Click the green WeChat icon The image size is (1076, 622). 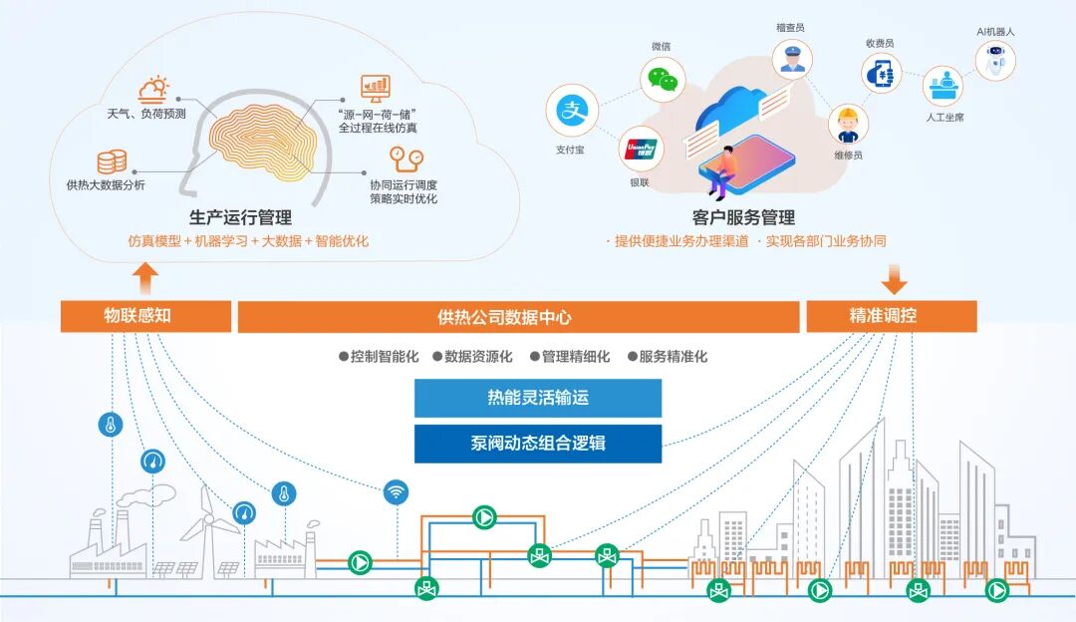pos(662,78)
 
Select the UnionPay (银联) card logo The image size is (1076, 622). pos(641,150)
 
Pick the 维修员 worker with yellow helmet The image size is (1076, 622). pos(848,124)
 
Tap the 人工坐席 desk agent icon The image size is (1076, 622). pos(941,88)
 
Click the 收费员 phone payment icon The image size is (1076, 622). pos(883,73)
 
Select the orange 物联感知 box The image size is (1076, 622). pos(145,316)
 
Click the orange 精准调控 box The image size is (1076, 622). pos(891,316)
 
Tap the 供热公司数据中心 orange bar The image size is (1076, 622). pos(518,317)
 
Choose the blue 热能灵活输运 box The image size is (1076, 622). pos(538,398)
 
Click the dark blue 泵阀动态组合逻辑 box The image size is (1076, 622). pos(538,444)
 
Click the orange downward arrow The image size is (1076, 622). pos(895,278)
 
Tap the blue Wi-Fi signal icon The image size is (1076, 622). pos(397,491)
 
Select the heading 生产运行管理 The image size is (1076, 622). pos(240,217)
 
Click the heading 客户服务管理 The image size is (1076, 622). pos(743,217)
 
